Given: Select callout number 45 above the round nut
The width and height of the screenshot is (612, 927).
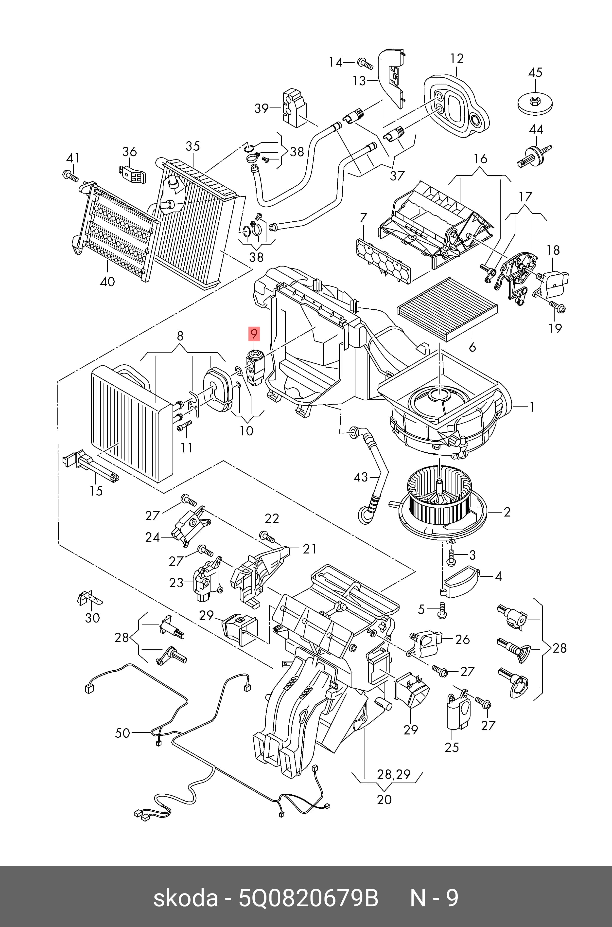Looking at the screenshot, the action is [535, 72].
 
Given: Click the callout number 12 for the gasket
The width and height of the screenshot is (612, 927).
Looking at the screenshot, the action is [457, 58].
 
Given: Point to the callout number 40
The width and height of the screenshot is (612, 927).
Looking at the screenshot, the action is [107, 281].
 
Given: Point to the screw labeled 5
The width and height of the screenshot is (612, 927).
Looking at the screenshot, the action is [442, 610].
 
